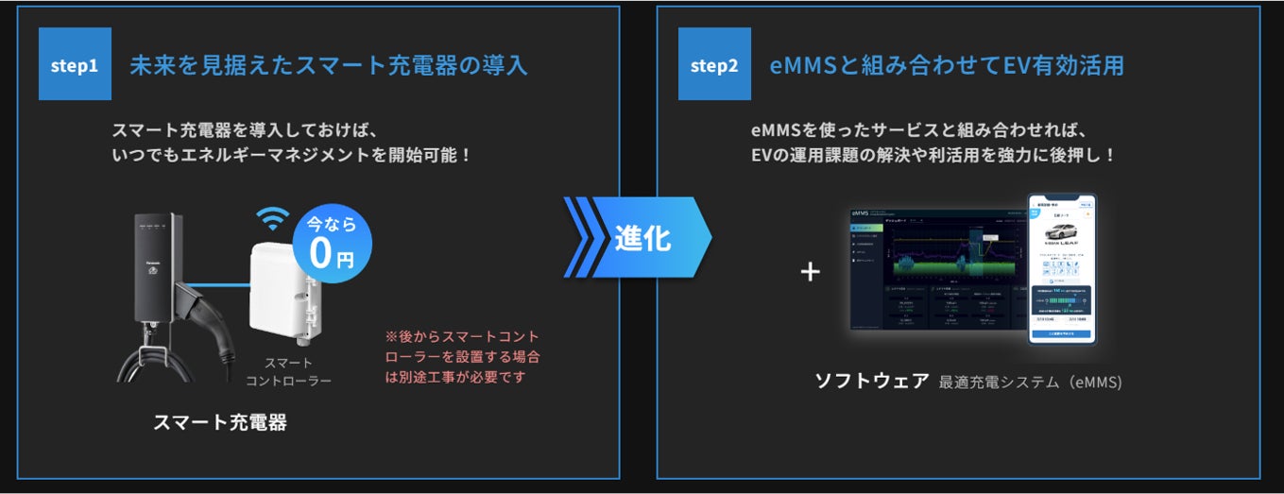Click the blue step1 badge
75,64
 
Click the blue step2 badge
714,64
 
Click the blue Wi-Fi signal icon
273,219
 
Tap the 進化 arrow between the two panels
638,237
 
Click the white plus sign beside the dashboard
810,272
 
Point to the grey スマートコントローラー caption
288,371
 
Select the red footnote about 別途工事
462,356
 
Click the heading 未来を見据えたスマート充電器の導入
328,65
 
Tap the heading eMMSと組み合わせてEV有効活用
947,65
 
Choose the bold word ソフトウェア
871,382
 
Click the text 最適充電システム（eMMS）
1031,383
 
